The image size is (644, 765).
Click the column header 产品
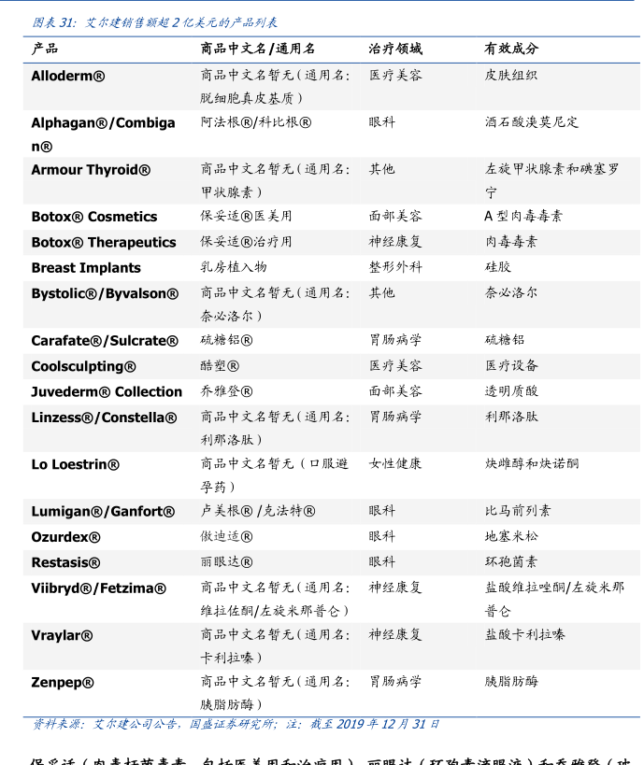point(45,49)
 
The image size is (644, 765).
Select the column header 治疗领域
point(394,49)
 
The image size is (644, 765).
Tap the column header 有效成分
point(510,49)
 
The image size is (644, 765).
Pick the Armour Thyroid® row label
point(91,170)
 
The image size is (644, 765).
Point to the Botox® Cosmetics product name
point(93,217)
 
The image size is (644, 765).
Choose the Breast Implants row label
point(86,268)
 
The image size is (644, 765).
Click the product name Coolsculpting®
point(83,366)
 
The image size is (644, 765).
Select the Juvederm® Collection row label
point(107,392)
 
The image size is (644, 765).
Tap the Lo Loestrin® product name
point(75,464)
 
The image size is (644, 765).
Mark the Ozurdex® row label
point(65,537)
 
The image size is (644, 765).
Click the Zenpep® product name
point(63,683)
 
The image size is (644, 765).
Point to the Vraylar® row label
point(62,635)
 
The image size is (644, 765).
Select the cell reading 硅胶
point(497,267)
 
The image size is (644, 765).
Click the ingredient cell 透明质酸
point(511,391)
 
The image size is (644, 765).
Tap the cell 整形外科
point(394,267)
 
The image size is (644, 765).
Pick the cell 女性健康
point(394,463)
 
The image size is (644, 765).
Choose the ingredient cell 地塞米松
point(511,536)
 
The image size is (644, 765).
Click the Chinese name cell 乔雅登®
point(226,391)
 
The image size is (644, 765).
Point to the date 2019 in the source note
point(349,724)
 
